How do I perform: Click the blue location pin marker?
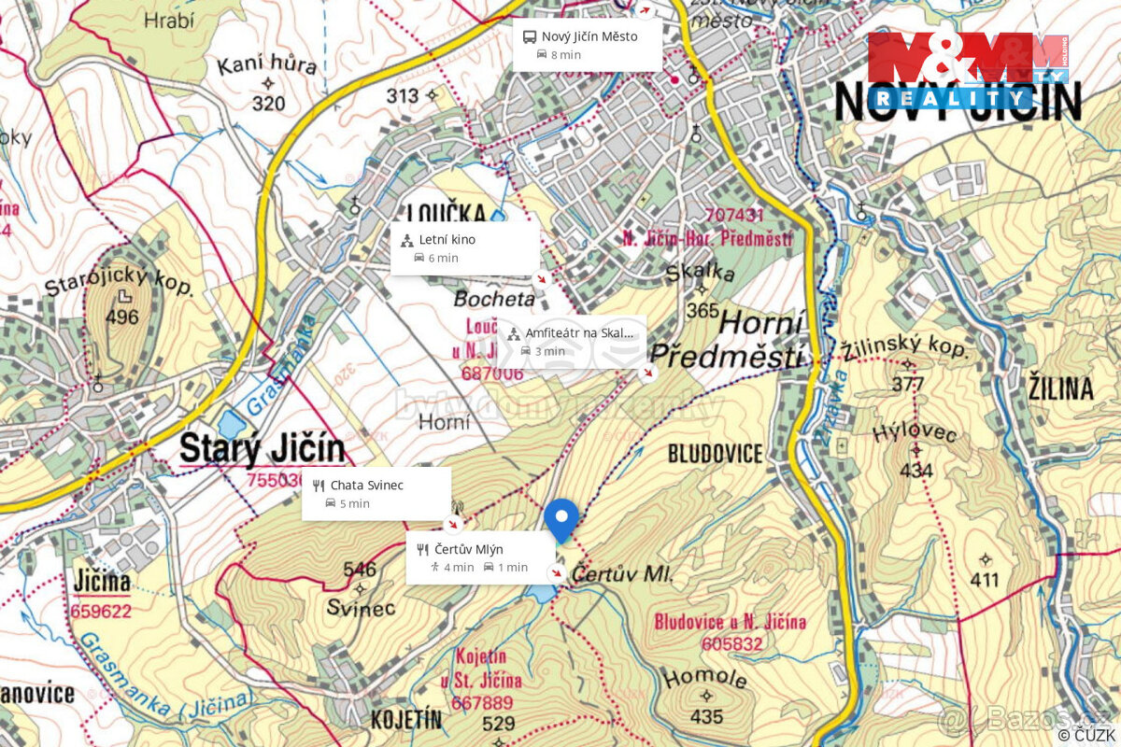561,518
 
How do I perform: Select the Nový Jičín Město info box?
588,45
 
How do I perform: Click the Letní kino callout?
465,248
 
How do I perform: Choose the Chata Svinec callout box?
376,494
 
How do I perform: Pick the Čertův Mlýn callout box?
480,558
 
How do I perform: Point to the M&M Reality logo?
966,71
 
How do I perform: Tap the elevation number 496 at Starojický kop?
121,317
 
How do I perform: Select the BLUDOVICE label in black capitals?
715,455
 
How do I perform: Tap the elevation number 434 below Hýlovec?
916,471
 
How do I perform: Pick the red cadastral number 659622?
101,613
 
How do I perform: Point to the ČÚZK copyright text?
1086,736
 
